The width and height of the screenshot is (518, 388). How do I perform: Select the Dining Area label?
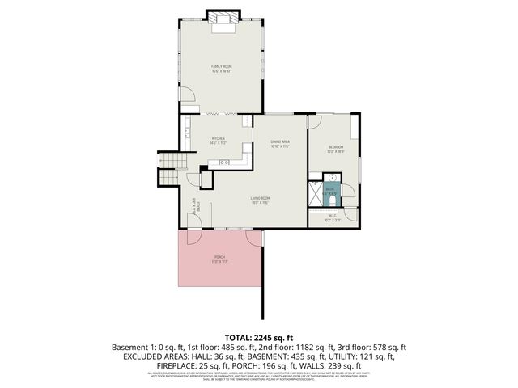[x=280, y=142]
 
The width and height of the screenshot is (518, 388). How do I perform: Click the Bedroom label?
[x=336, y=147]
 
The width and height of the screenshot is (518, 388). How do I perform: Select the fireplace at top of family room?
[x=223, y=20]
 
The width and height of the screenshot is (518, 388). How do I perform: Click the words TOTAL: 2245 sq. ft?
[x=259, y=337]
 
